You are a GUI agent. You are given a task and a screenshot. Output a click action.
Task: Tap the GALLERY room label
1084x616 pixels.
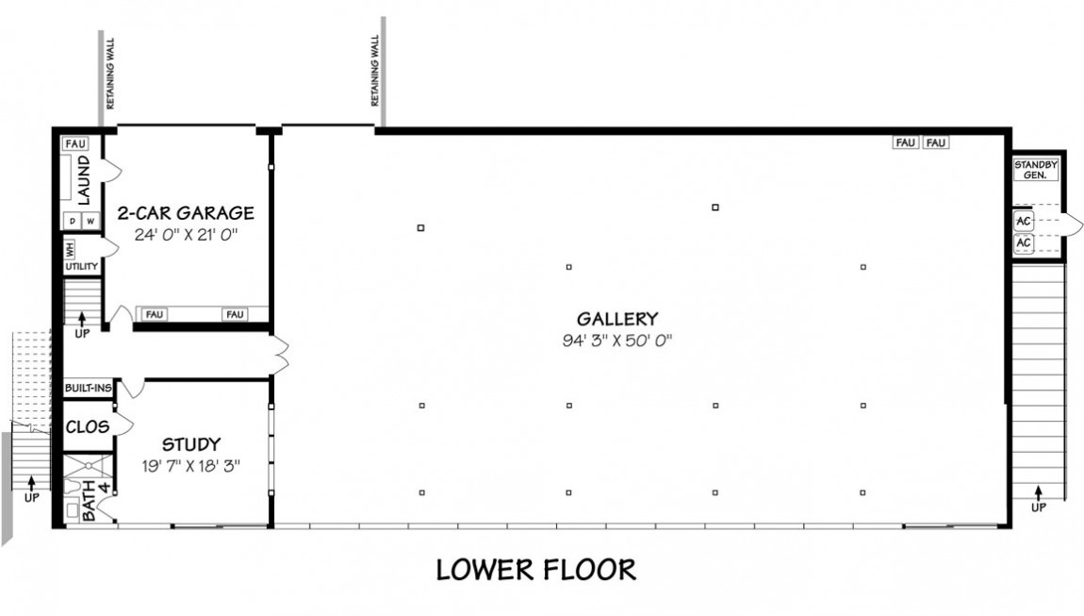coord(617,319)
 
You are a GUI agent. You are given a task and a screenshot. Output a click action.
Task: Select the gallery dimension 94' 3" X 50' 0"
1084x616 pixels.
coord(617,341)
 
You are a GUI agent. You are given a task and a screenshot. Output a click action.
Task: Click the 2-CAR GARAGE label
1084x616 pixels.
coord(186,212)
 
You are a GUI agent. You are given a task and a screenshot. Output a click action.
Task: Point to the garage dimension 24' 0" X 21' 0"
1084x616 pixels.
coord(186,235)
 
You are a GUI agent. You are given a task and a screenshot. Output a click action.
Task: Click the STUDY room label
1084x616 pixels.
coord(191,444)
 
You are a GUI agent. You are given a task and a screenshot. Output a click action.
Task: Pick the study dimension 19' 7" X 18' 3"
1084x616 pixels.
coord(190,466)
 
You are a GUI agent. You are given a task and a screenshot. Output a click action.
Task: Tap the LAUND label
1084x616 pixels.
coord(84,180)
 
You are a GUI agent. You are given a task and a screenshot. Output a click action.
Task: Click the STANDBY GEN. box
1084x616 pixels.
coord(1035,170)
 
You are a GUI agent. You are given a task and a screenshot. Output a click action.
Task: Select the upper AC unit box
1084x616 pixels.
coord(1023,222)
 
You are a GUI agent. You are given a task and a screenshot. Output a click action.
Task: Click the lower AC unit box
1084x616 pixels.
coord(1023,243)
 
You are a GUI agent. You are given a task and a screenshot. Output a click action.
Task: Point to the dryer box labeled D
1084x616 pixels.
coord(73,221)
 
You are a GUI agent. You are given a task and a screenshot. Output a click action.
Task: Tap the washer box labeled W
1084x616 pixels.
coord(90,221)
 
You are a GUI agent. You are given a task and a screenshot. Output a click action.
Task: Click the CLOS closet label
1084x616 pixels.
coord(87,427)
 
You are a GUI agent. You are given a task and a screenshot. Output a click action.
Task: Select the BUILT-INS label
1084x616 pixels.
coord(88,389)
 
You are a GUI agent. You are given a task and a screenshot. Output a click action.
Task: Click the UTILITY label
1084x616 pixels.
coord(82,266)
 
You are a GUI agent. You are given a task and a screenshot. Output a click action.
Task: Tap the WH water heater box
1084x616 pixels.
coord(70,249)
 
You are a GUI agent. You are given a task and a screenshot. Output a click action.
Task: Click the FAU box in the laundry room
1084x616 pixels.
coord(75,144)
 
